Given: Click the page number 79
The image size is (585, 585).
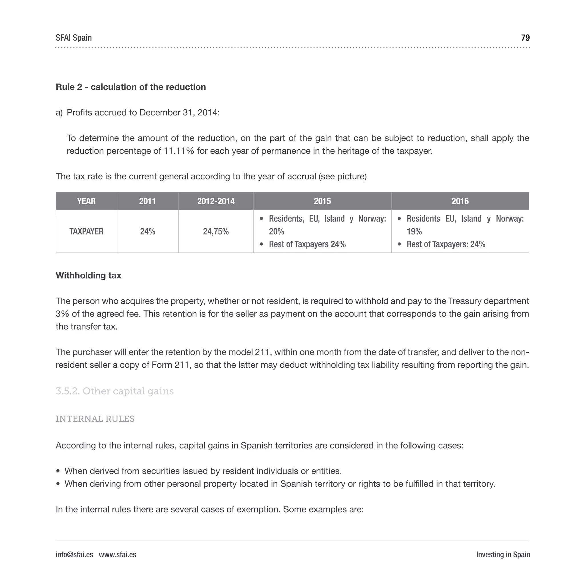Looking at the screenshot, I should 525,38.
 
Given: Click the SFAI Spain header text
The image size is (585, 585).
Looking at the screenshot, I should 74,38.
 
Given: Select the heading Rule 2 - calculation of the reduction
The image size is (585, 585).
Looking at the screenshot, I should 131,87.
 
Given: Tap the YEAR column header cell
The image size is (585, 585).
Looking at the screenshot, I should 86,201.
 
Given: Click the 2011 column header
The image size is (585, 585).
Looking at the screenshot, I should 147,201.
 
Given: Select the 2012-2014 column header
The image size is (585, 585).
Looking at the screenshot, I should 216,201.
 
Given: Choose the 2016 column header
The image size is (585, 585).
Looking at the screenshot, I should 460,201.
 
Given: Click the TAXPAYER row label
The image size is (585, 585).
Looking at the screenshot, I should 86,231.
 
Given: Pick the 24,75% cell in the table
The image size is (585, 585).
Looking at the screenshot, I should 216,231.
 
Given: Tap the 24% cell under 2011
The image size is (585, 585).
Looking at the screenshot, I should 147,231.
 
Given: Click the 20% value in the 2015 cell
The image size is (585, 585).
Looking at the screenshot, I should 276,231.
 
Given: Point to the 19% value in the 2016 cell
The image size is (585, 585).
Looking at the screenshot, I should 414,231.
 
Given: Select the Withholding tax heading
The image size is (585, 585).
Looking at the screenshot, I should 89,275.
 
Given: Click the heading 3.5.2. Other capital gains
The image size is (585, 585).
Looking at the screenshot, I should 115,391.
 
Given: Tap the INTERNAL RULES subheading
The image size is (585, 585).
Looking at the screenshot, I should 95,419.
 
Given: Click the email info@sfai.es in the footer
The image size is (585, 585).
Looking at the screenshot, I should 74,554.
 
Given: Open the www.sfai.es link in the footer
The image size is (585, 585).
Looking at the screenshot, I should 117,554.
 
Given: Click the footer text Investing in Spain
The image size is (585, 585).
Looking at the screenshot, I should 503,554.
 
